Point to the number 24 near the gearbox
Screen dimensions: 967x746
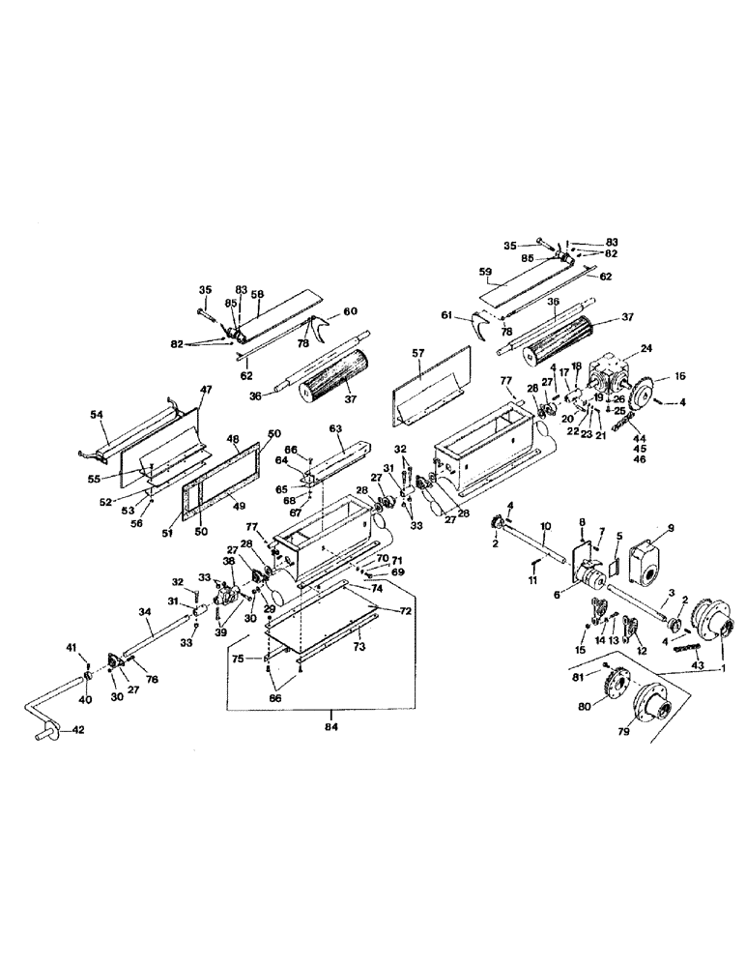coord(646,349)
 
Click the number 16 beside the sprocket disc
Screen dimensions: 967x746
coord(679,376)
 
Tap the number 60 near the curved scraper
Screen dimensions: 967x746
coord(351,311)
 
